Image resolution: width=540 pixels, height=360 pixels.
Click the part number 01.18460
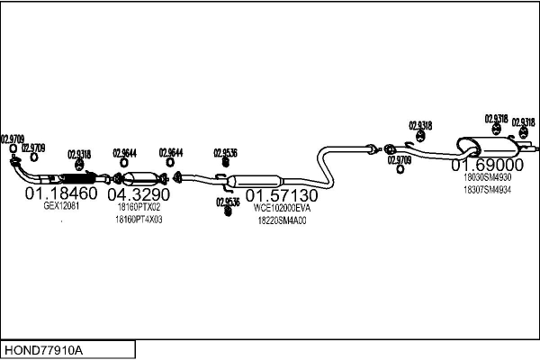click(x=60, y=193)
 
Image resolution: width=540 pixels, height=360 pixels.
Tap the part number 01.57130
click(x=282, y=195)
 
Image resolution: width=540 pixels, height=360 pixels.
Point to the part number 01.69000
click(x=487, y=166)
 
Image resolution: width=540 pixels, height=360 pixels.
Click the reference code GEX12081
click(x=62, y=206)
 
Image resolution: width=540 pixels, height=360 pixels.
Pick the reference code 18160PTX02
click(x=138, y=207)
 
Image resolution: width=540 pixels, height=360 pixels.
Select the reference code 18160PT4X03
click(x=139, y=219)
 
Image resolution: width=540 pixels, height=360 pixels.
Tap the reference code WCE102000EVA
click(x=282, y=208)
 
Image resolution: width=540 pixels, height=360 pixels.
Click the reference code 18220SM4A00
click(x=282, y=220)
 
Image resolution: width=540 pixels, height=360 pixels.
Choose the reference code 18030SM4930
click(x=487, y=178)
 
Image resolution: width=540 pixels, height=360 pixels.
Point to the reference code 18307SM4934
click(x=487, y=190)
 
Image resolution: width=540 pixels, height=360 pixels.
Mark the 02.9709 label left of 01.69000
click(x=399, y=160)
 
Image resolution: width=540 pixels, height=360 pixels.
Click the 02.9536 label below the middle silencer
click(x=226, y=202)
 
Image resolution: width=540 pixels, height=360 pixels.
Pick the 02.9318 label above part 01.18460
click(x=79, y=154)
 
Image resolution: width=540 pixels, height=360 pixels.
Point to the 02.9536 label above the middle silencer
click(x=225, y=153)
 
